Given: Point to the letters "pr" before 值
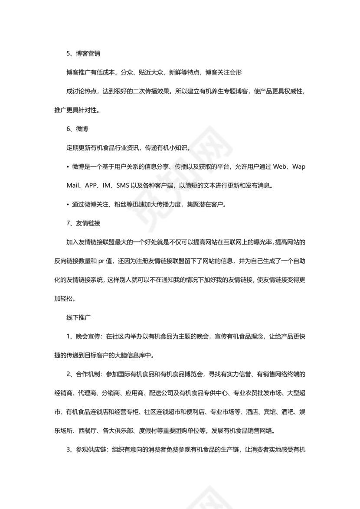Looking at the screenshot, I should pos(101,261).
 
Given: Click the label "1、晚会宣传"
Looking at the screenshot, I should pos(84,336).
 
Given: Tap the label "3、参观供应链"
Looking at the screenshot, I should pos(87,450).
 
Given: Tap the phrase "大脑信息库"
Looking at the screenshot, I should pos(128,356).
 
